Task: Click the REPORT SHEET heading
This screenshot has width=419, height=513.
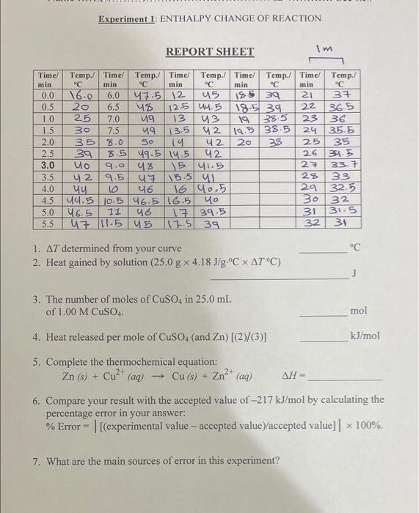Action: pyautogui.click(x=210, y=52)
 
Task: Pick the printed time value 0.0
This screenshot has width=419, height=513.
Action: pyautogui.click(x=48, y=95)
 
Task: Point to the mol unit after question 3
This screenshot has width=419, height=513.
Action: pyautogui.click(x=359, y=311)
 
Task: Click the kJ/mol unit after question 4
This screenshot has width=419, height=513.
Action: pyautogui.click(x=365, y=336)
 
